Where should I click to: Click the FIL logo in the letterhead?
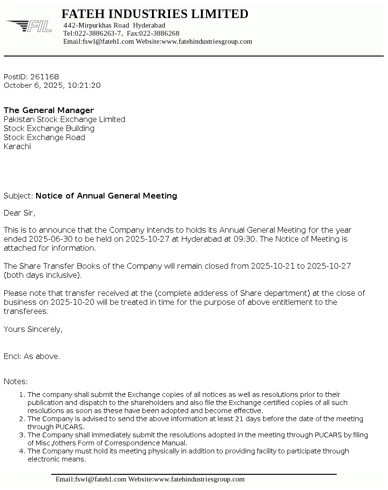[x=29, y=26]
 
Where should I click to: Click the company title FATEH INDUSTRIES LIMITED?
[x=155, y=14]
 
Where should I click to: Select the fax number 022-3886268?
[x=159, y=33]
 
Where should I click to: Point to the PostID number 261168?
[x=45, y=76]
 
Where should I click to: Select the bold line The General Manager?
[x=49, y=110]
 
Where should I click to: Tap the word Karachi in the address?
[x=17, y=146]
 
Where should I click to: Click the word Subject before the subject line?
[x=18, y=196]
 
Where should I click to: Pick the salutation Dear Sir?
[x=19, y=213]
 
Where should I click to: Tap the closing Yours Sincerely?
[x=33, y=329]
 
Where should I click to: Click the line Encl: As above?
[x=32, y=356]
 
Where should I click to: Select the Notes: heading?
[x=16, y=381]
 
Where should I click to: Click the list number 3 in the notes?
[x=22, y=435]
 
